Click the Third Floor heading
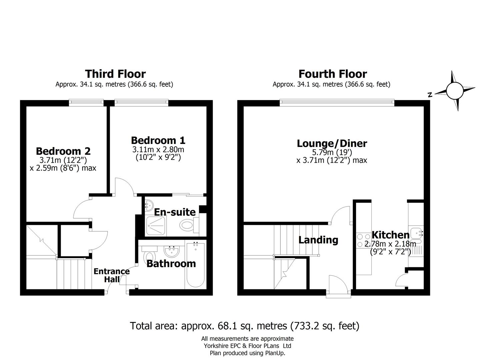[x=115, y=74]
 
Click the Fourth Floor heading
[x=332, y=74]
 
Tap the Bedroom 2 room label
[x=63, y=151]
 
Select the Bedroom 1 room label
[x=158, y=140]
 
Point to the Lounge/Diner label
[x=332, y=144]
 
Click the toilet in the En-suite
[x=189, y=225]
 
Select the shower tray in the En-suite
[x=156, y=226]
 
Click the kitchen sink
[x=416, y=232]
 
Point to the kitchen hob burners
[x=360, y=240]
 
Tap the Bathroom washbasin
[x=172, y=251]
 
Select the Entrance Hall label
[x=111, y=275]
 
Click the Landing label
[x=318, y=240]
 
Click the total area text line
[x=245, y=325]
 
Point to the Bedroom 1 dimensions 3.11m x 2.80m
[x=158, y=150]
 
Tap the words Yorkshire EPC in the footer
[x=222, y=346]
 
